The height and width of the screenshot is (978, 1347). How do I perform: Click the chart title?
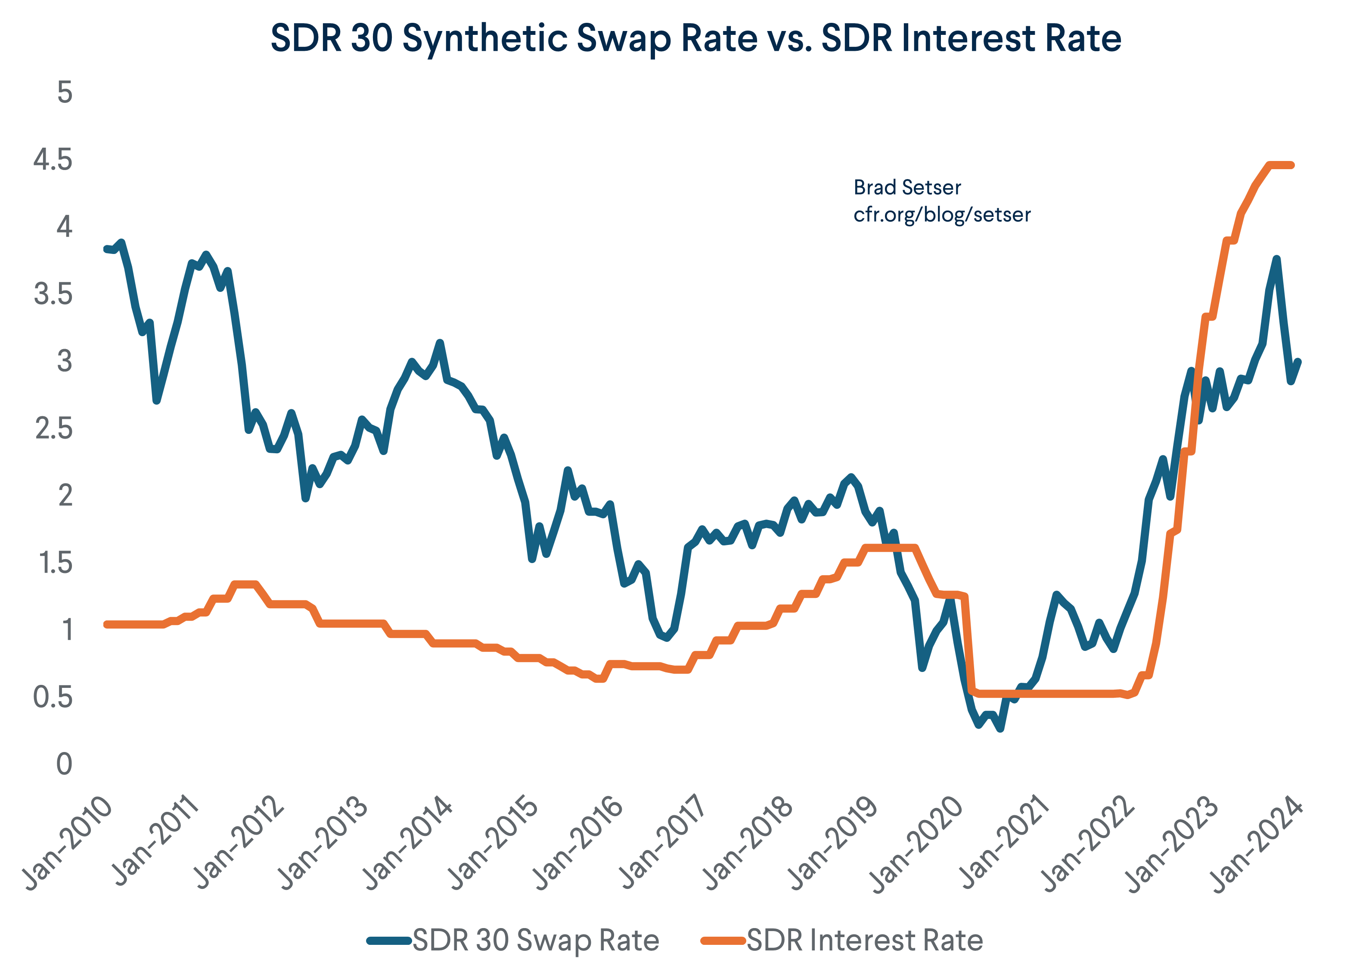695,39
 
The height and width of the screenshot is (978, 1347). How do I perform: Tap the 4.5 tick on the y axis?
53,160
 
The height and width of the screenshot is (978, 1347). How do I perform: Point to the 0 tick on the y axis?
64,764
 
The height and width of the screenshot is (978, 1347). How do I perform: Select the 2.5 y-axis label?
53,429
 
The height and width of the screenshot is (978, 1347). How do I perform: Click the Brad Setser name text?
907,188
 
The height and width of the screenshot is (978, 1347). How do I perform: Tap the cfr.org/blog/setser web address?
942,214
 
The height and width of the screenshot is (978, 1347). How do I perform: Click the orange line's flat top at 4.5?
1280,165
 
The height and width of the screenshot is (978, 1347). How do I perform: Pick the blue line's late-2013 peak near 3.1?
440,343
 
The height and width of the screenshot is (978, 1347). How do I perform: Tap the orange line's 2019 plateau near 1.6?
891,548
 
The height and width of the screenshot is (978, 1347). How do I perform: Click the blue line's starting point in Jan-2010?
107,249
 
